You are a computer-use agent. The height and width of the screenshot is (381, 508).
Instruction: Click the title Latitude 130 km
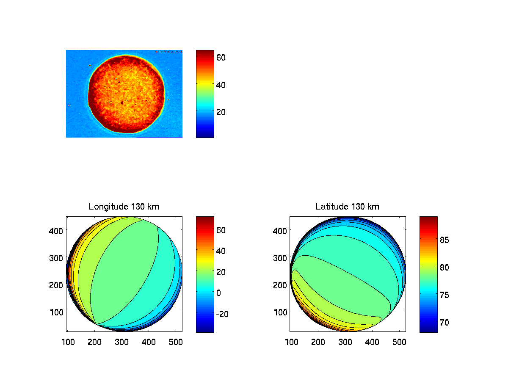point(348,207)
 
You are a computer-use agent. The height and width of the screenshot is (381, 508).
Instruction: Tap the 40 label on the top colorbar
point(221,84)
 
